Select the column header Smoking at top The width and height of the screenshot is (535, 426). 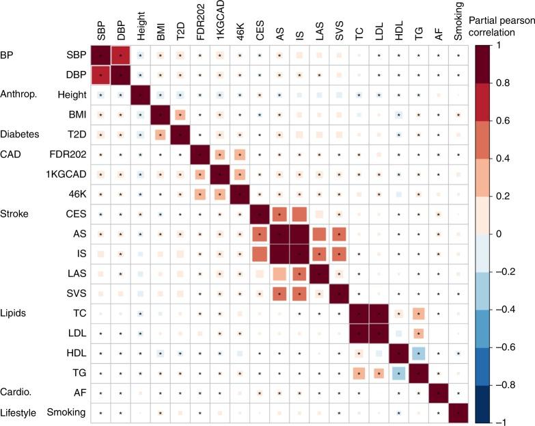[458, 23]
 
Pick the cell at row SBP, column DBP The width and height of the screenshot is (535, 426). [120, 53]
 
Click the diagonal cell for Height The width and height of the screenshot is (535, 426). [140, 93]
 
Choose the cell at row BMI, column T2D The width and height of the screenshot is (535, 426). [180, 114]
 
